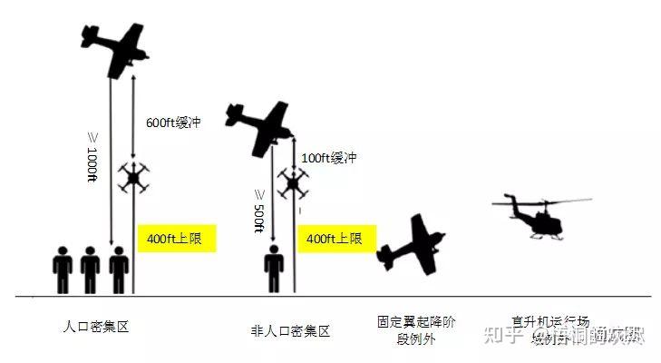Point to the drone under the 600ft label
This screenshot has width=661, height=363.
[x=133, y=178]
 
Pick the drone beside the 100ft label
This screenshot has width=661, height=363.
[x=292, y=184]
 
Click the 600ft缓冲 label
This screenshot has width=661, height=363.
[x=172, y=123]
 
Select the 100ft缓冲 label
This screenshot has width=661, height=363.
[x=328, y=158]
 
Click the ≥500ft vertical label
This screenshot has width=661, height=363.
[x=258, y=211]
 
